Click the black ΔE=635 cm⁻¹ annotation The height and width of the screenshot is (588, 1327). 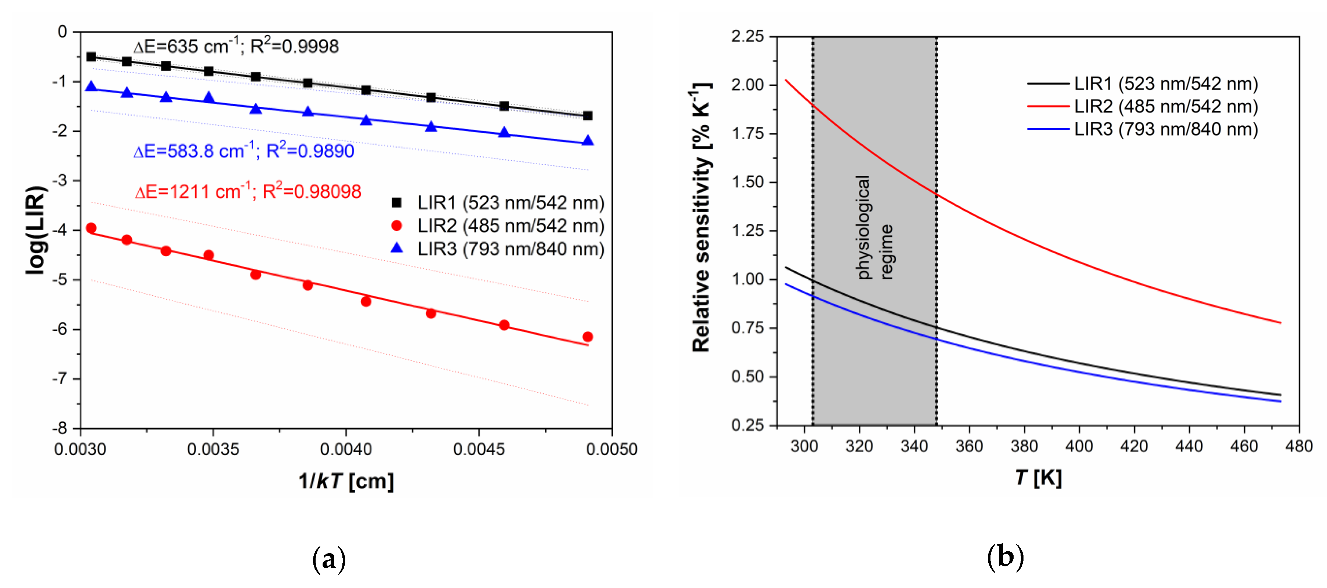point(236,46)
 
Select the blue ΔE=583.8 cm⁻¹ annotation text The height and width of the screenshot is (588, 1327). point(243,151)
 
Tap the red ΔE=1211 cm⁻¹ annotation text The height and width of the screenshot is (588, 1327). point(247,192)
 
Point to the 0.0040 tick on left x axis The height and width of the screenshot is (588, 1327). point(346,449)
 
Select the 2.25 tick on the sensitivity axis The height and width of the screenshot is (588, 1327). point(747,36)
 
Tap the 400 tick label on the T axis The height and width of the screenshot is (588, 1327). point(1079,446)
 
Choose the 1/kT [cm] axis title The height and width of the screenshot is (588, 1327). point(346,481)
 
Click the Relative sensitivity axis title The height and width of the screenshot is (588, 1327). point(701,217)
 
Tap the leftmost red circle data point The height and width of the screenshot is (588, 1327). point(91,228)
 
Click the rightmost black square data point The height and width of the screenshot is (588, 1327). point(587,116)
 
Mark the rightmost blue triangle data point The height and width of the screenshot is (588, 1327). point(587,141)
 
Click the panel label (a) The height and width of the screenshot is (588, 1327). point(329,559)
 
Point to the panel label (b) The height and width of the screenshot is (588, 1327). point(1005,556)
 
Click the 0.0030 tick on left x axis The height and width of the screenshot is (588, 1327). point(80,449)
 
